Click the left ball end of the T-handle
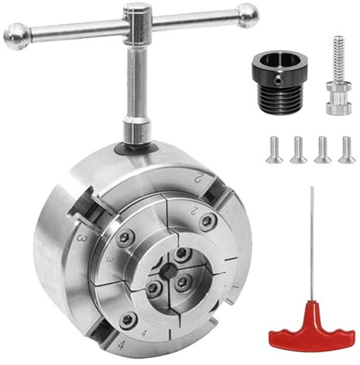[16, 34]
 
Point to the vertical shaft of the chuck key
[137, 85]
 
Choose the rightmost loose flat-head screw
[346, 149]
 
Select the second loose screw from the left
[298, 149]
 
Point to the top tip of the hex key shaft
[312, 190]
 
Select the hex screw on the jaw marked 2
[205, 223]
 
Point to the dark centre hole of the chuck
[166, 270]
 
